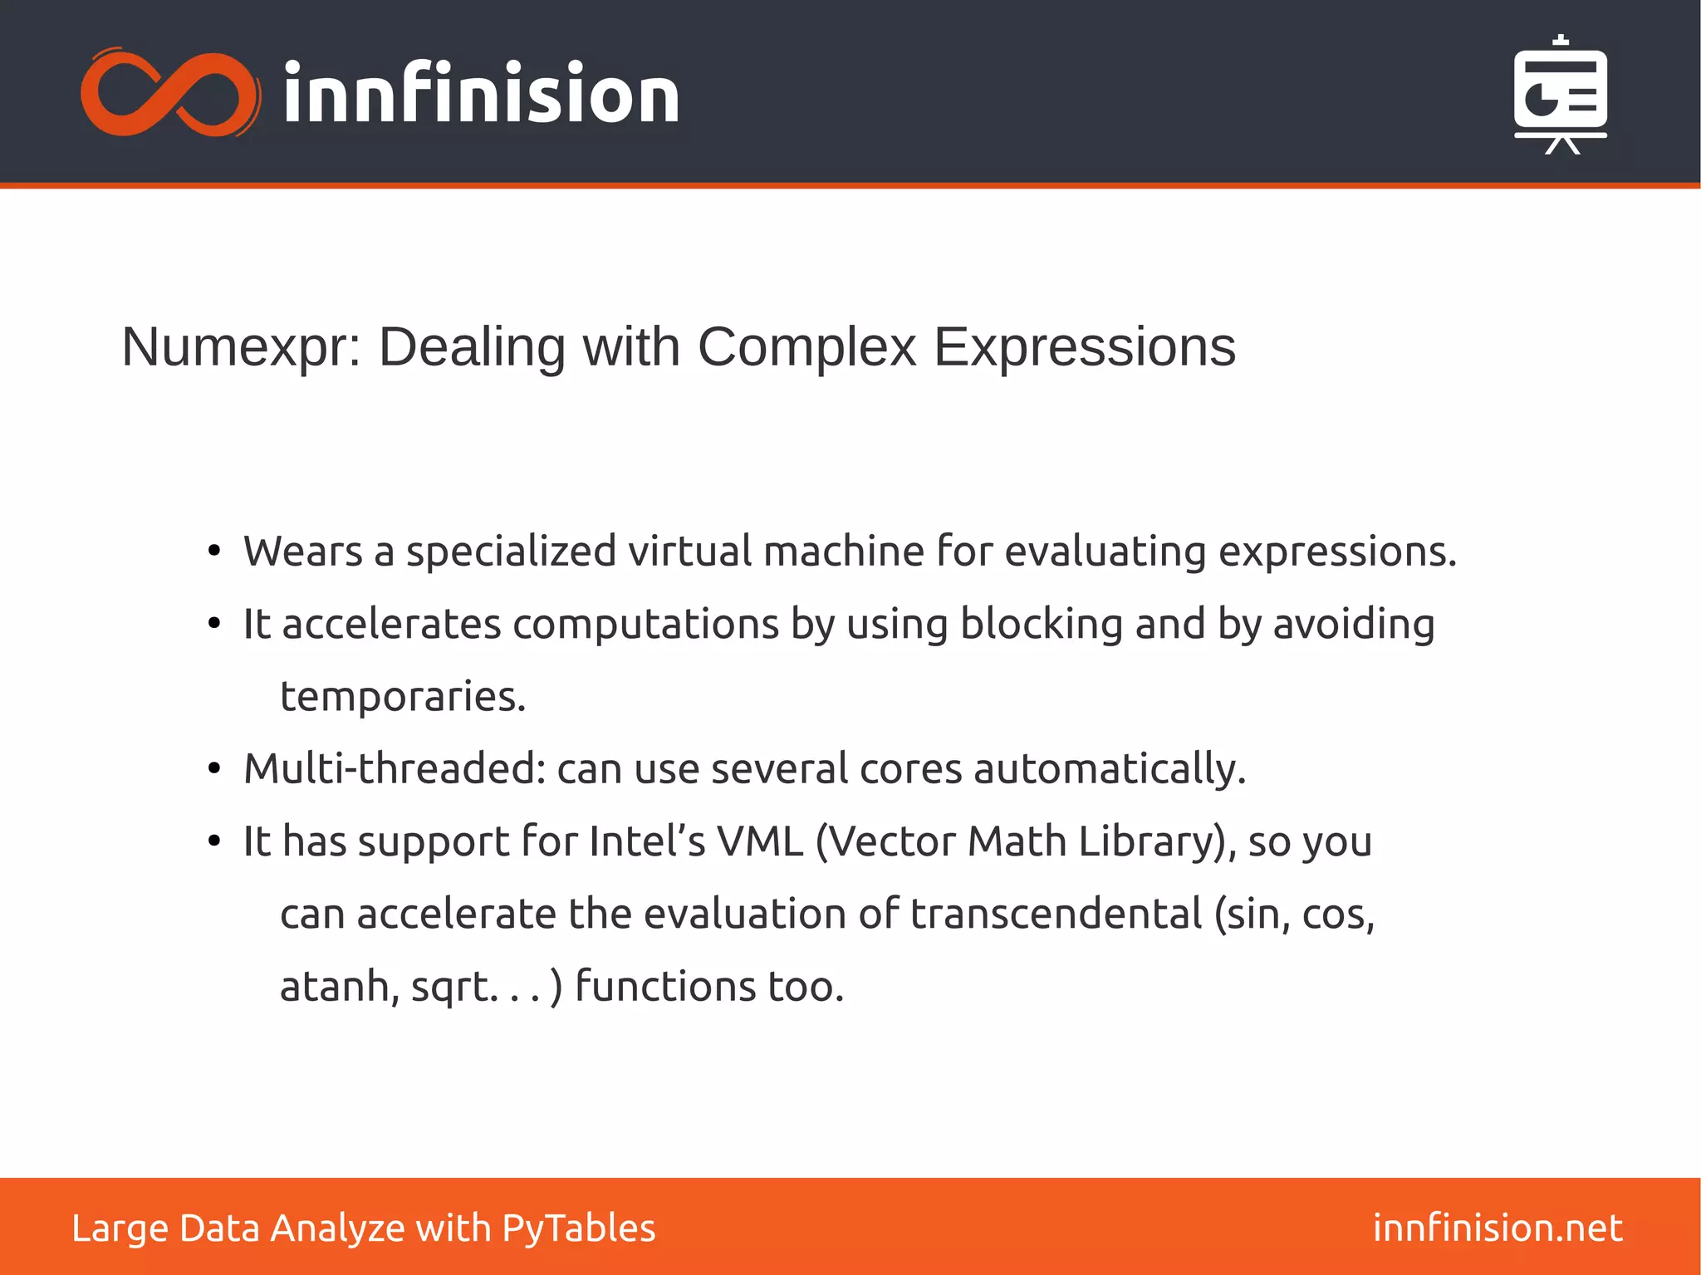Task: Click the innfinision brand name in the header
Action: click(481, 94)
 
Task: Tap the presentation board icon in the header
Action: click(1560, 96)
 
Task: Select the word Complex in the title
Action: click(806, 347)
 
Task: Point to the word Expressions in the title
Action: click(1085, 347)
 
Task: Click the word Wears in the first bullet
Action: click(303, 552)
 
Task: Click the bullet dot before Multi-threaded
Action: click(214, 769)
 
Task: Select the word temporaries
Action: click(403, 697)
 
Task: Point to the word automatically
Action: click(1110, 769)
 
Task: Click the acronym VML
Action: click(760, 841)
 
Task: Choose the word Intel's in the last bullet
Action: click(647, 841)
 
